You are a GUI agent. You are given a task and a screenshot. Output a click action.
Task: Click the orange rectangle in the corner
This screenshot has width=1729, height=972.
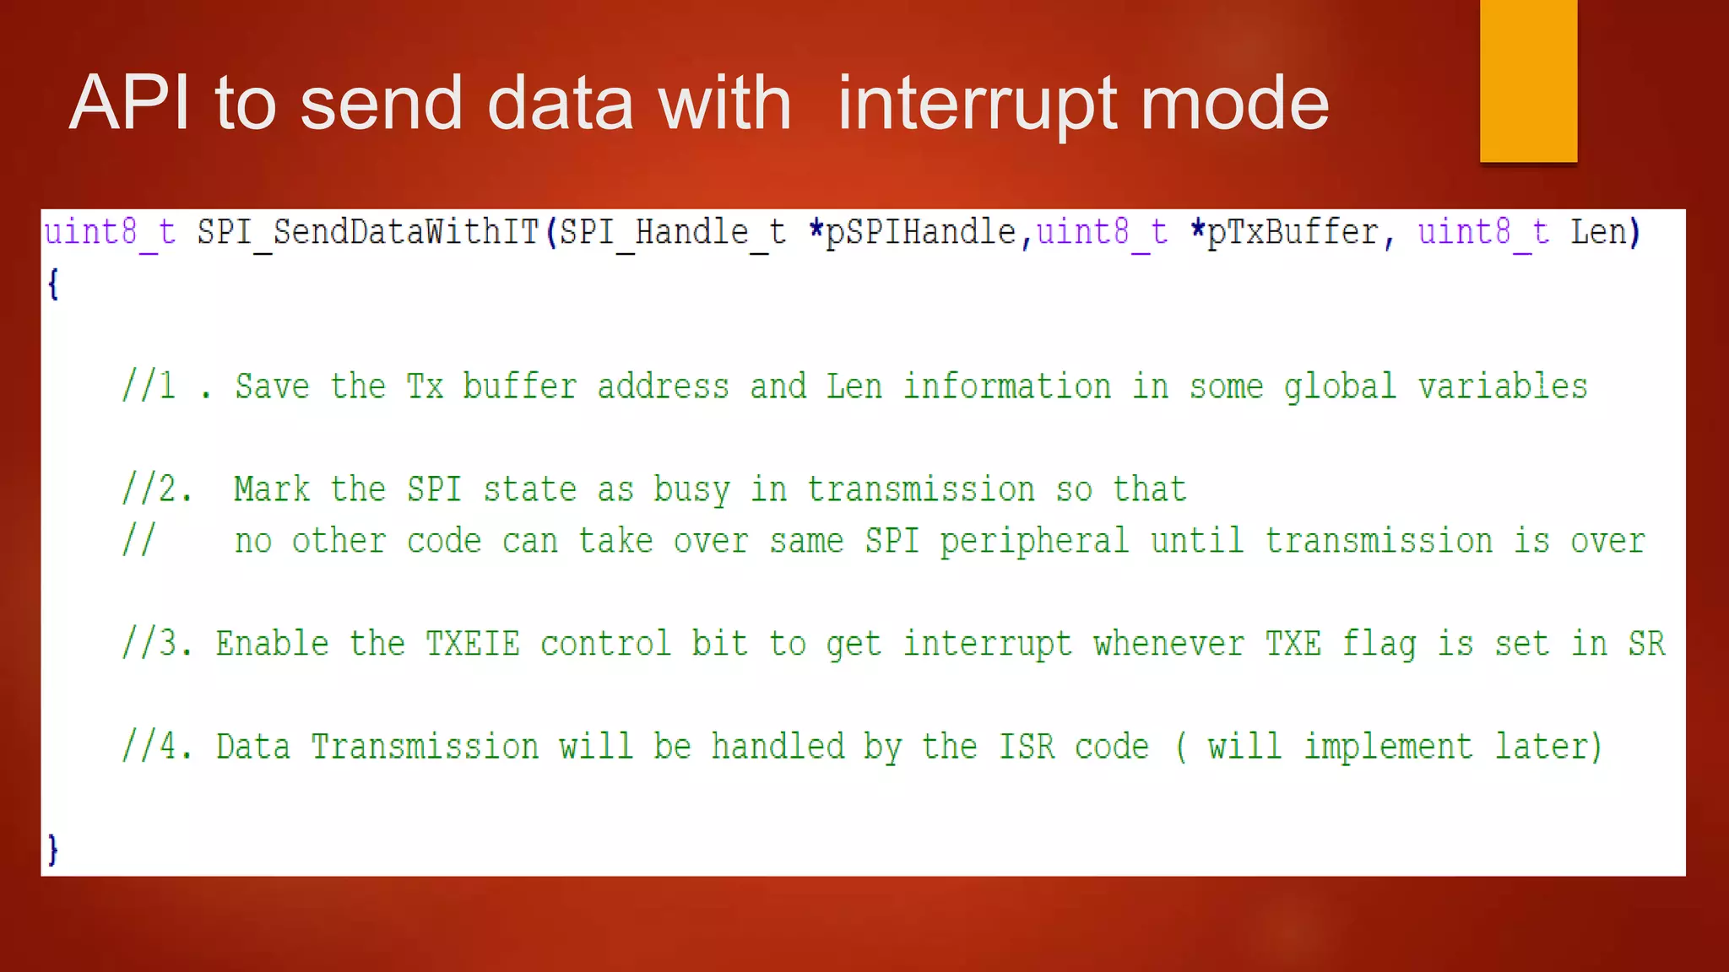coord(1528,80)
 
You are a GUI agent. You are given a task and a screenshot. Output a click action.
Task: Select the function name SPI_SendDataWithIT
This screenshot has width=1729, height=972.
coord(368,232)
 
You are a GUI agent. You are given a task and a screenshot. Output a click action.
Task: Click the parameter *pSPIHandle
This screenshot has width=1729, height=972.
coord(912,232)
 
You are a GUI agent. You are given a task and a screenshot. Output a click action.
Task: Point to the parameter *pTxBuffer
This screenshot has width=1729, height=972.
coord(1284,232)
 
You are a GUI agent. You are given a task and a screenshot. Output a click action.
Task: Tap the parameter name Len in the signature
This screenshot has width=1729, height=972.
coord(1597,232)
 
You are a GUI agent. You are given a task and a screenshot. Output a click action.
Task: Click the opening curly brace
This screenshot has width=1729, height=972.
coord(53,283)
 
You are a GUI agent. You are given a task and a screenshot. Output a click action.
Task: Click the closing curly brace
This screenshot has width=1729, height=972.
coord(53,848)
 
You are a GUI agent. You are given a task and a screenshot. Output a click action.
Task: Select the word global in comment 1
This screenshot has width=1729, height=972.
coord(1340,387)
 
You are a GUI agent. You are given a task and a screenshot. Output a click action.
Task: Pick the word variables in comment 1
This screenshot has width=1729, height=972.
coord(1503,386)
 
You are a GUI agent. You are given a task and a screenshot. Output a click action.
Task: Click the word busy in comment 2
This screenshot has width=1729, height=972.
coord(691,490)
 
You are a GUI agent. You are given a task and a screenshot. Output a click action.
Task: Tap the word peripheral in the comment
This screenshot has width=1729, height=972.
coord(1034,542)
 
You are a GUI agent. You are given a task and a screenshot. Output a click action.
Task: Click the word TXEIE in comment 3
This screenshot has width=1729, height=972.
coord(472,644)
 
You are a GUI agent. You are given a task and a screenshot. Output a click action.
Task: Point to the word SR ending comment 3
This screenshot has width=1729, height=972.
coord(1646,644)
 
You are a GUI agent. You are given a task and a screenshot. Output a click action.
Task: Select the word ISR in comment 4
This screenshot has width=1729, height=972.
coord(1027,747)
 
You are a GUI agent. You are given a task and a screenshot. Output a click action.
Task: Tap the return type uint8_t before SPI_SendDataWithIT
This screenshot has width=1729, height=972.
coord(110,232)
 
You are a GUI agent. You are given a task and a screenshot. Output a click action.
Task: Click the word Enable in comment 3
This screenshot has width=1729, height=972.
coord(272,644)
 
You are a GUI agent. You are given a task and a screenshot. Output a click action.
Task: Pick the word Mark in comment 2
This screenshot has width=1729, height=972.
coord(272,489)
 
